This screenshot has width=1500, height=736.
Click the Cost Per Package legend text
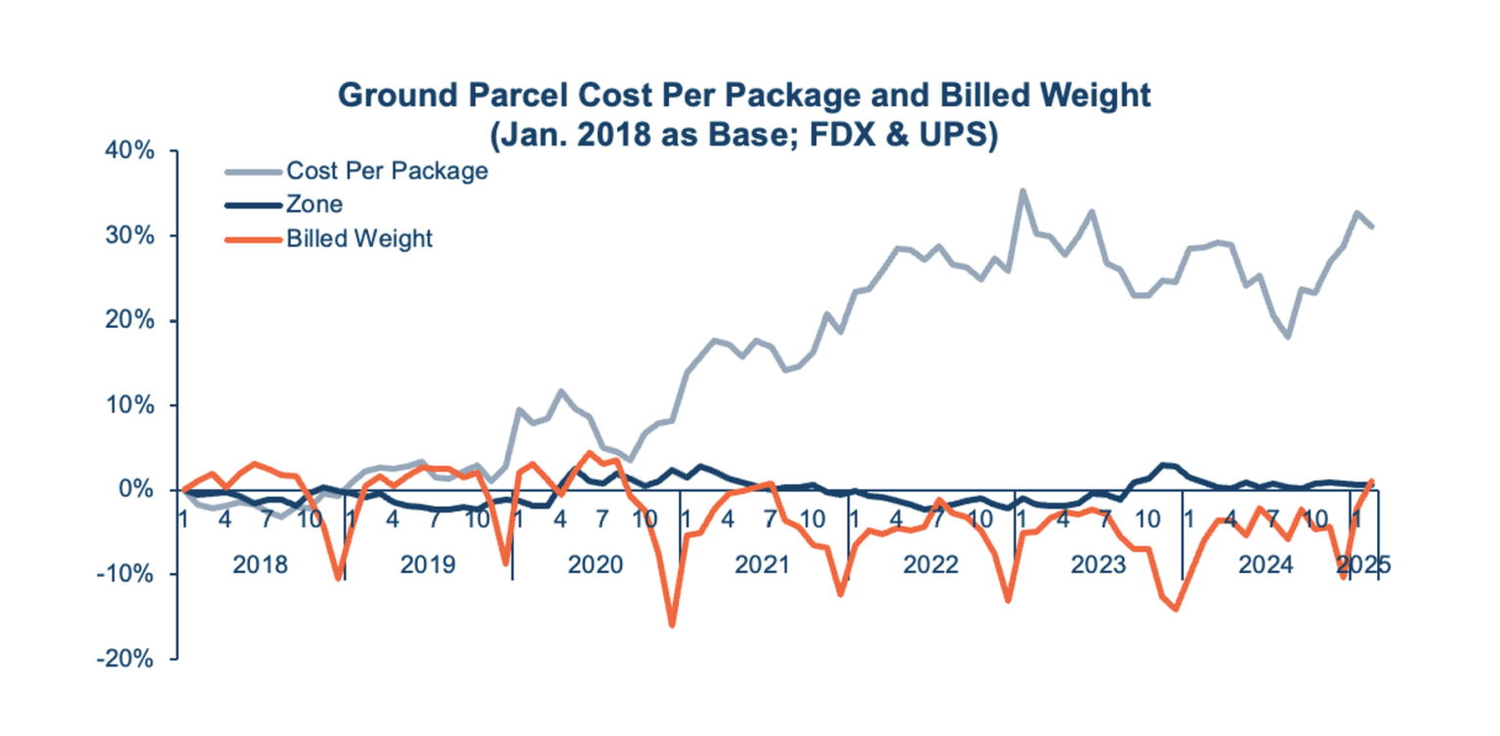(387, 172)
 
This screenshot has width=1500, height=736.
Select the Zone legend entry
(313, 205)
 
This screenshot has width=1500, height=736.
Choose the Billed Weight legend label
(359, 238)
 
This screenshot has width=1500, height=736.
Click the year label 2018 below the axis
(261, 565)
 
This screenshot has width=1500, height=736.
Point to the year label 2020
(595, 565)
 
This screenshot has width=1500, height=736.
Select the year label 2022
(930, 565)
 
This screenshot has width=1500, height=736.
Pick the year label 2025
(1362, 565)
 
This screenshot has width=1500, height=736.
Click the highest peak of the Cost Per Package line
(1022, 191)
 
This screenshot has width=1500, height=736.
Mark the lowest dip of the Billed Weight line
(672, 625)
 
